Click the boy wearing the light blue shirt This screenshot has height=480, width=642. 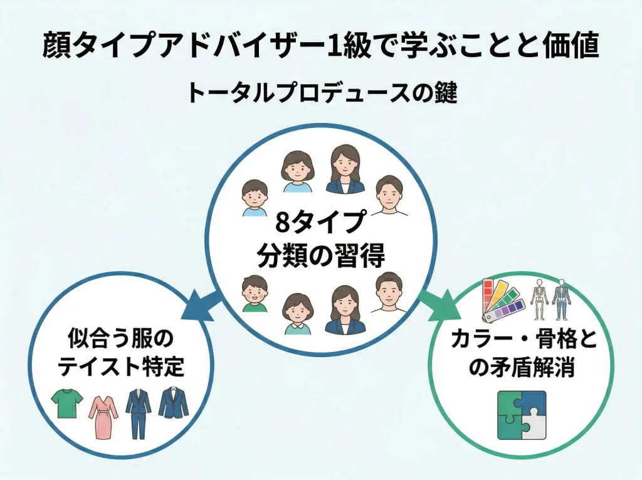pyautogui.click(x=254, y=197)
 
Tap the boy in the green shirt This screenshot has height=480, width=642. pyautogui.click(x=254, y=294)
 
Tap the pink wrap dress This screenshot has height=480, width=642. pyautogui.click(x=102, y=416)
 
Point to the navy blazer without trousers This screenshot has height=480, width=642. pyautogui.click(x=173, y=403)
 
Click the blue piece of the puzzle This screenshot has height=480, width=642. pyautogui.click(x=532, y=402)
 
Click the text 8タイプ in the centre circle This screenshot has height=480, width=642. pyautogui.click(x=320, y=223)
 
